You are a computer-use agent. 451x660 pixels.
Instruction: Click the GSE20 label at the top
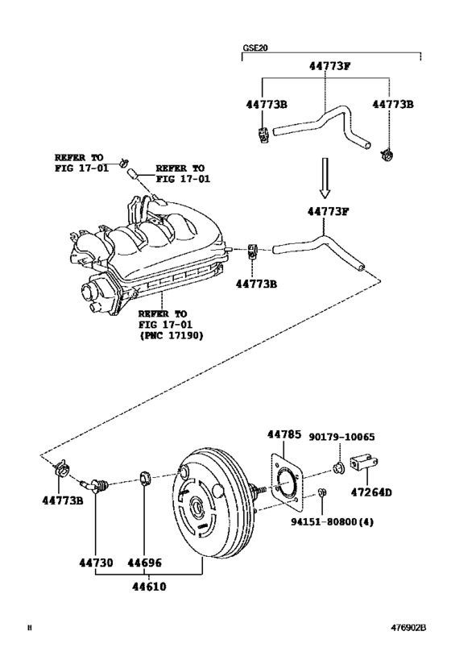(x=255, y=48)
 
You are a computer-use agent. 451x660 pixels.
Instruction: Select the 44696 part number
(x=145, y=562)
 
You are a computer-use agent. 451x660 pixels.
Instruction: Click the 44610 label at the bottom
(x=147, y=586)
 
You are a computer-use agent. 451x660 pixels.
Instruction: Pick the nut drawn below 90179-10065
(x=338, y=468)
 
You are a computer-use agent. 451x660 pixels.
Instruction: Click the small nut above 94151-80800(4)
(x=321, y=492)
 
